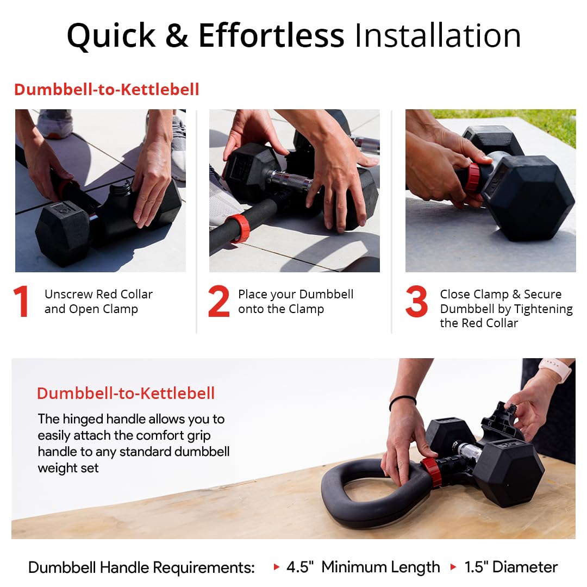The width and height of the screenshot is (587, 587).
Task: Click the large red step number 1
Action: tap(21, 302)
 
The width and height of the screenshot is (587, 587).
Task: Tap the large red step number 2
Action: tap(218, 302)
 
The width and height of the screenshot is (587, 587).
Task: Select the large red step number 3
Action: tap(416, 302)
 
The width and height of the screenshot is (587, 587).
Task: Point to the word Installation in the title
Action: tap(438, 36)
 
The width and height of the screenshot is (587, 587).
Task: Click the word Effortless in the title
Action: tap(271, 36)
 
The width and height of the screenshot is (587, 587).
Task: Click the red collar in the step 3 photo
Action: tap(473, 178)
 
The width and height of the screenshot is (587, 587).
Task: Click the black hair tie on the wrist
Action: tap(403, 401)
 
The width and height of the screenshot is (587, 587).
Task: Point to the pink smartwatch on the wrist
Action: tap(555, 370)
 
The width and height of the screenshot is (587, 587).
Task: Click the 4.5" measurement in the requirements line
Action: tap(300, 567)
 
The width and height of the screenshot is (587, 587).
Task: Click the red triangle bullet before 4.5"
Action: tap(277, 567)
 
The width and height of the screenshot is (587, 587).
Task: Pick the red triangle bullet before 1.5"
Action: tap(453, 567)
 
